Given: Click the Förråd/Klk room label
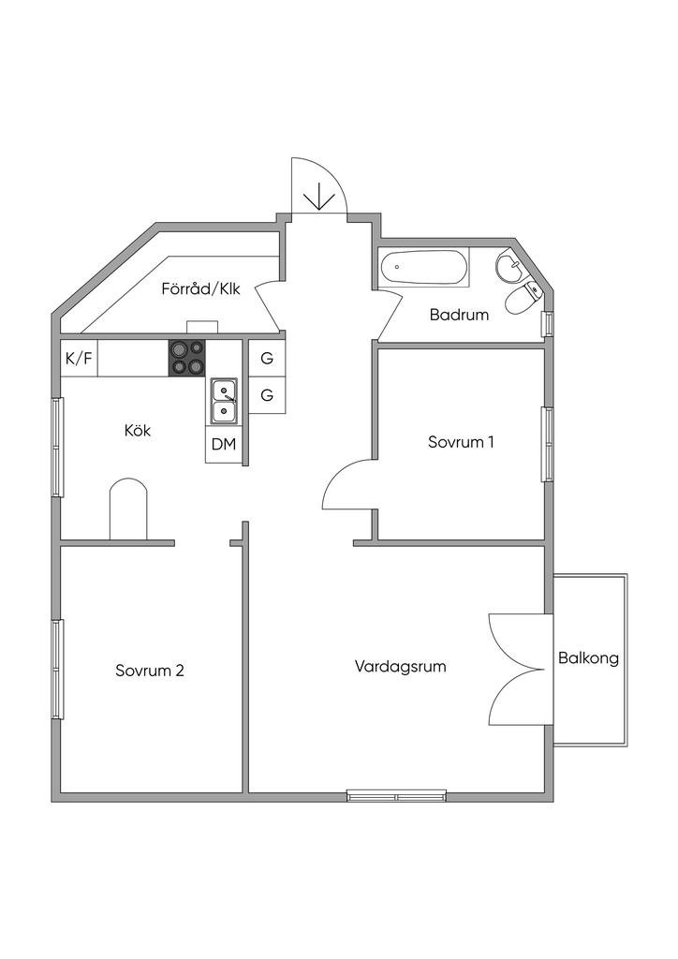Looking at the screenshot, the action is (200, 289).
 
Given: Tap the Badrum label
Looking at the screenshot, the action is (459, 315).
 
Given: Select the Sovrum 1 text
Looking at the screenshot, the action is (461, 441).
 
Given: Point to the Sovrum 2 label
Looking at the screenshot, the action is (150, 671).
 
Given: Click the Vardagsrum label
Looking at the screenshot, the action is (400, 667).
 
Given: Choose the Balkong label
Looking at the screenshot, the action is (588, 658).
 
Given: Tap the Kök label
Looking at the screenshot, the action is (138, 431).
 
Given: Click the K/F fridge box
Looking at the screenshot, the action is (79, 359).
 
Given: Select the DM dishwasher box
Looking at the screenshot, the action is (223, 444).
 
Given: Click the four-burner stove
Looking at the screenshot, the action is (186, 358).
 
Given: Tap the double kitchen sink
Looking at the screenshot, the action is (224, 400).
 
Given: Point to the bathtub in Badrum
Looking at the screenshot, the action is (423, 268).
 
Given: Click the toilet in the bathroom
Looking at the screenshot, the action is (521, 300).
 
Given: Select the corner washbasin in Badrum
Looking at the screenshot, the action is (511, 268).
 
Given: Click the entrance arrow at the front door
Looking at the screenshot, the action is (320, 195).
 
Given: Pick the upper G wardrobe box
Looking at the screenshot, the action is (267, 358).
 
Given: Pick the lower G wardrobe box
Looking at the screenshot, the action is (267, 395).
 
